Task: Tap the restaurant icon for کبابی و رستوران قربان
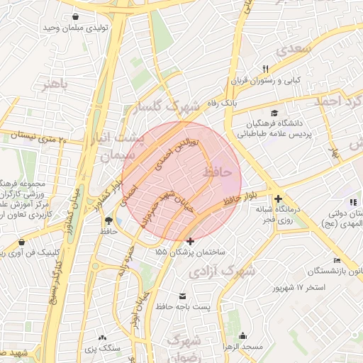(266, 69)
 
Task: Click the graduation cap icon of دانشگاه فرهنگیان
(274, 113)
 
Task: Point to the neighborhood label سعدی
(295, 49)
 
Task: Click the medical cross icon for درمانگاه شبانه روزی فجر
(279, 199)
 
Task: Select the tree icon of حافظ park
(108, 220)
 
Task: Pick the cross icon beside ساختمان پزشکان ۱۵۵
(189, 241)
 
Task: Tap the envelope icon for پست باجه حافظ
(183, 296)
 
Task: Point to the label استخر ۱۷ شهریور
(298, 288)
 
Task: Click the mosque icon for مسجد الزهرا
(243, 336)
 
